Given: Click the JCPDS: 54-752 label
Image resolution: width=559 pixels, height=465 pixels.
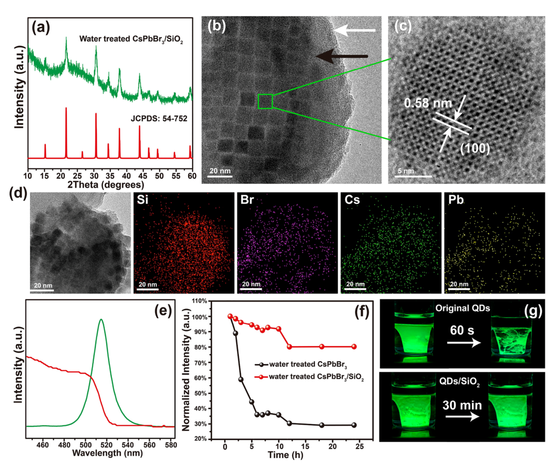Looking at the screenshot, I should click(158, 119).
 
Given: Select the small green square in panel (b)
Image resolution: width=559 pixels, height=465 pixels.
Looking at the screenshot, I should click(265, 101).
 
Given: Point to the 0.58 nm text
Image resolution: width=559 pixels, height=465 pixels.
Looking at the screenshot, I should click(428, 103).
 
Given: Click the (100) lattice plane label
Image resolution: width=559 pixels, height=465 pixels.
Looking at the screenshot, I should click(475, 148).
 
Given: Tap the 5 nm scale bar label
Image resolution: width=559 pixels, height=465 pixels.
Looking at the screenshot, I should click(406, 171).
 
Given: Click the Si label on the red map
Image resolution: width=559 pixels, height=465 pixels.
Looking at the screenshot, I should click(143, 200).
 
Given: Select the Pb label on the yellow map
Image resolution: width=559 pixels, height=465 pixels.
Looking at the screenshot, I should click(456, 200).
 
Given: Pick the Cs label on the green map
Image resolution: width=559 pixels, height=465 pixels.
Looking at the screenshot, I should click(352, 200).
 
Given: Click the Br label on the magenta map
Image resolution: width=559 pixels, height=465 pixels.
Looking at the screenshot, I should click(247, 200).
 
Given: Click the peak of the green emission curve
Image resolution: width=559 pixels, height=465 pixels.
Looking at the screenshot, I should click(101, 319).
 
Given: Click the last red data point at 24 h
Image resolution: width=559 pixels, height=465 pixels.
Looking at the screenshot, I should click(354, 347).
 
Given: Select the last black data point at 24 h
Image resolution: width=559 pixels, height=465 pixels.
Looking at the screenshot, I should click(354, 425).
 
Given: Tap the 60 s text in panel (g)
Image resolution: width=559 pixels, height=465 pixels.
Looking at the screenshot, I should click(462, 330).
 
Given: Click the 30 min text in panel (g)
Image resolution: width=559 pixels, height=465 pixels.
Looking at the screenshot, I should click(462, 405).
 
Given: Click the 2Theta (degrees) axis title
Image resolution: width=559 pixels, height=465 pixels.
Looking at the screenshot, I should click(106, 184).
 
